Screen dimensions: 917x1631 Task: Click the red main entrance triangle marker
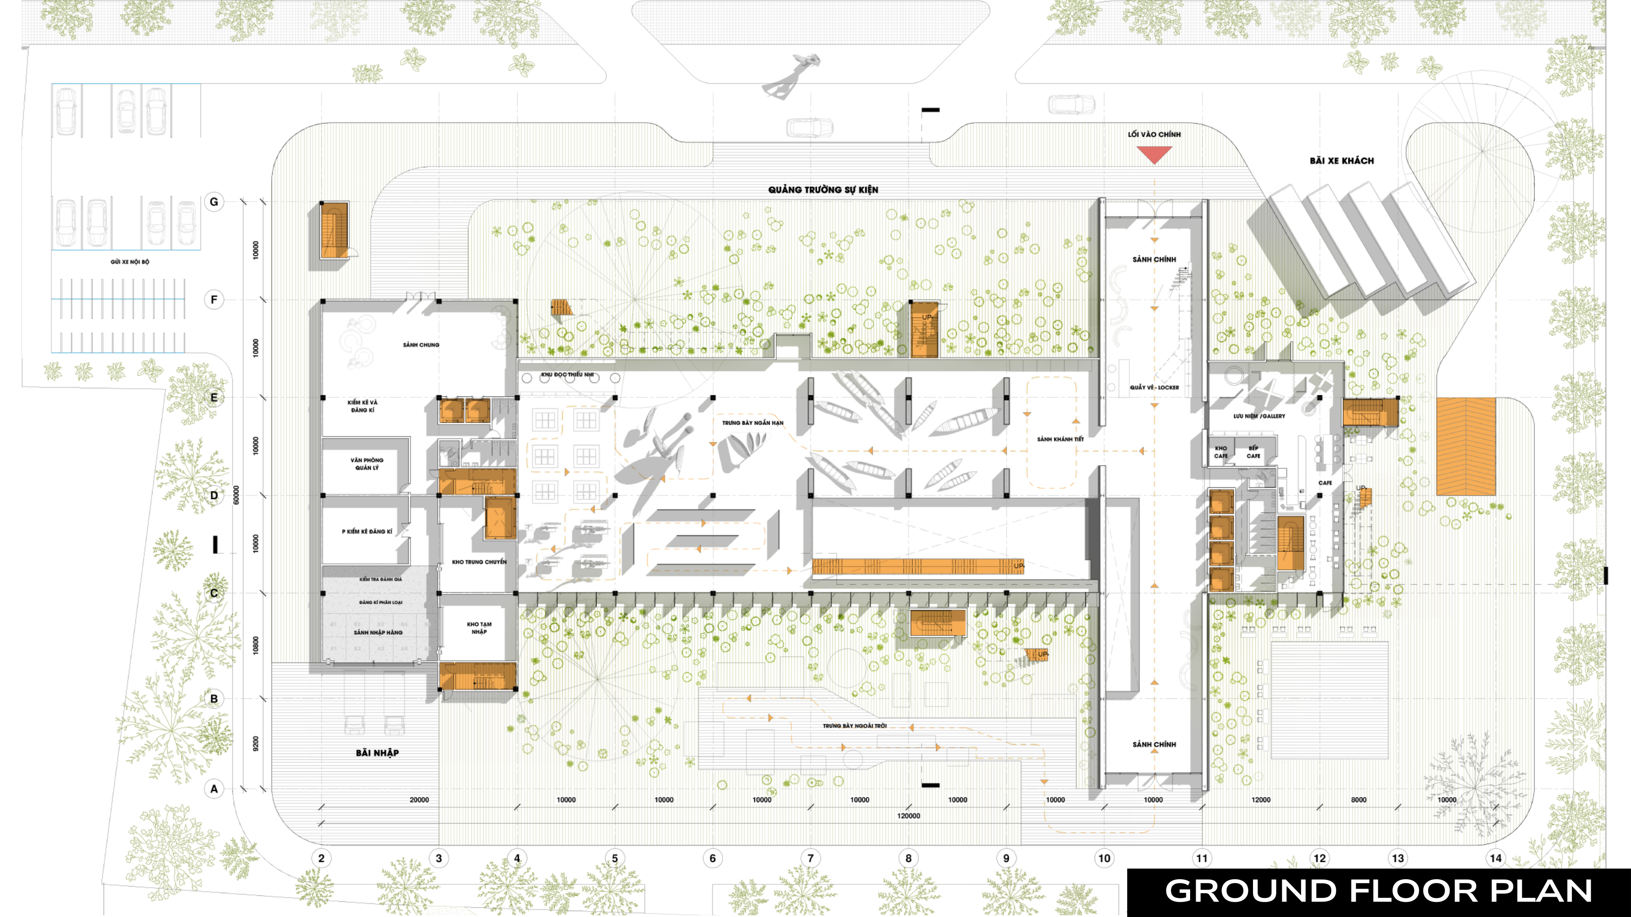(1154, 154)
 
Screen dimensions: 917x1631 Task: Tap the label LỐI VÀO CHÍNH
(1154, 134)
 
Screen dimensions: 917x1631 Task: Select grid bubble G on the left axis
(214, 202)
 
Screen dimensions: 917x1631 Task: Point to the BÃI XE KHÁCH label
(1342, 161)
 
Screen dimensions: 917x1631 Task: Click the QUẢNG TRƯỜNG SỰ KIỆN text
(823, 189)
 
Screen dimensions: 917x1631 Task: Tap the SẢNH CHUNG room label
(421, 345)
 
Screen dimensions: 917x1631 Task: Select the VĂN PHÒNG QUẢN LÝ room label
(367, 464)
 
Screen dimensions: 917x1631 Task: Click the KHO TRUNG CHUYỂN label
(479, 562)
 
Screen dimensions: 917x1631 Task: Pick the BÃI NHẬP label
(377, 752)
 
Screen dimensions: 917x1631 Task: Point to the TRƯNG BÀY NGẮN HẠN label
(753, 423)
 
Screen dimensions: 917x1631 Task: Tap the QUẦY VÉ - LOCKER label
(1154, 387)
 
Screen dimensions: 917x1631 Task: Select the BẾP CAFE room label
(1253, 452)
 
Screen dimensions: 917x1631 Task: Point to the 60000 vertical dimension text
(236, 495)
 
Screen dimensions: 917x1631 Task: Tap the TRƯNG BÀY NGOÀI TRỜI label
(855, 726)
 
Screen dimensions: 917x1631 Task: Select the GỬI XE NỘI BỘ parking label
(130, 262)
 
